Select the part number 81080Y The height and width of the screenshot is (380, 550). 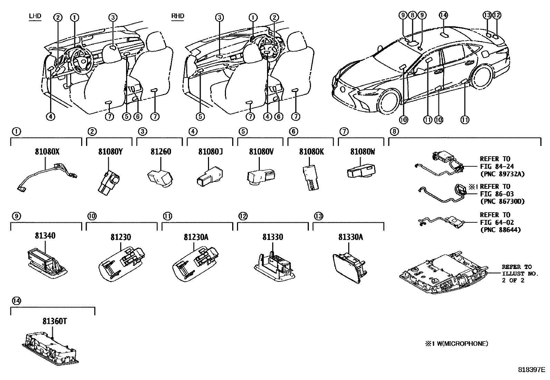108,151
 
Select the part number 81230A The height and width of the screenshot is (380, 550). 196,237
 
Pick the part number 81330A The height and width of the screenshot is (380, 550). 350,237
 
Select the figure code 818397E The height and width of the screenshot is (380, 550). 531,369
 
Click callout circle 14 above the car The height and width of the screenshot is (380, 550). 443,15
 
